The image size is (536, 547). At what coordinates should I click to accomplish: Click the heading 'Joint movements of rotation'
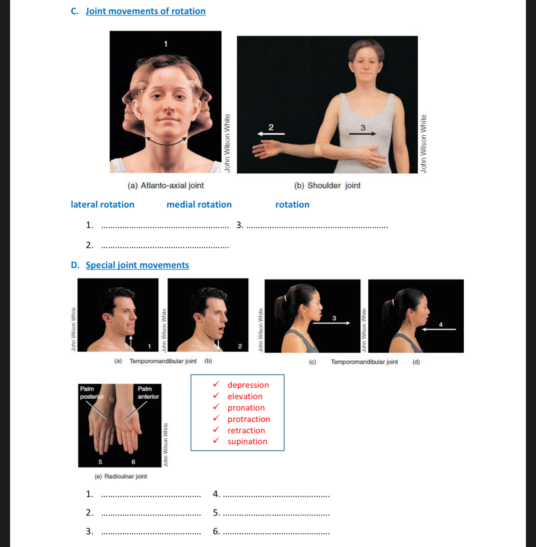pos(145,11)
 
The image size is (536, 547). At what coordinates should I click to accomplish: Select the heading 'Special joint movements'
pos(137,265)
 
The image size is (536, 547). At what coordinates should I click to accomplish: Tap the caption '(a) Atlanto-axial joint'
pos(166,186)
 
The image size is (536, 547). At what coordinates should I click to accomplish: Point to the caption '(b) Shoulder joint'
pos(327,186)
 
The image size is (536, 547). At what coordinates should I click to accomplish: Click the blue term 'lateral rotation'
pos(103,205)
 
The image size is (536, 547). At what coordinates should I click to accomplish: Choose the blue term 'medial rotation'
pos(199,205)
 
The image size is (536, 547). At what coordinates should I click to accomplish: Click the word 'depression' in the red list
pos(248,385)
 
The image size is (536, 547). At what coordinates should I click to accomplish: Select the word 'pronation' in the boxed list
pos(246,408)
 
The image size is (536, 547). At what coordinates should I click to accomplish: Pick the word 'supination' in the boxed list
pos(247,441)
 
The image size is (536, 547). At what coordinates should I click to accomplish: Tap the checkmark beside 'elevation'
pos(216,395)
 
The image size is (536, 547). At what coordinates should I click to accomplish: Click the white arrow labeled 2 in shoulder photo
pos(271,134)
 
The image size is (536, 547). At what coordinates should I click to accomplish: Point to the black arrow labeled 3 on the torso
pos(362,134)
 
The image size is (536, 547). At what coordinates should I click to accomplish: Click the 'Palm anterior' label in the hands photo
pos(148,393)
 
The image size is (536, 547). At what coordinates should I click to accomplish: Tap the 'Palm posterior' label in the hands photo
pos(91,393)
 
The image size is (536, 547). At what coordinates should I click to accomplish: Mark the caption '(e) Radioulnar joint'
pos(121,476)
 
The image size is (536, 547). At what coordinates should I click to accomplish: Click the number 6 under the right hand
pos(133,462)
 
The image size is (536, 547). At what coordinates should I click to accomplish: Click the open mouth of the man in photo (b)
pos(221,329)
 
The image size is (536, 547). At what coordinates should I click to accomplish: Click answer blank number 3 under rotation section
pos(317,225)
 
